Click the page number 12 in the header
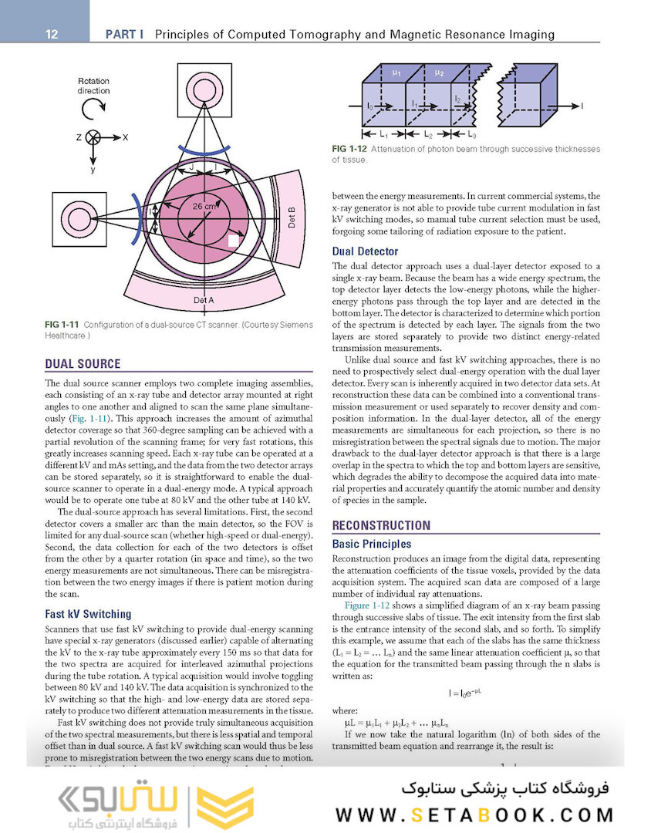tap(52, 34)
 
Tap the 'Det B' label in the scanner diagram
tap(292, 218)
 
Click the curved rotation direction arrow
tap(93, 109)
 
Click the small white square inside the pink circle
tap(233, 241)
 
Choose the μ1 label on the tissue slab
tap(396, 73)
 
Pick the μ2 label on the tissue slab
tap(439, 73)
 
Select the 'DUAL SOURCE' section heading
tap(83, 364)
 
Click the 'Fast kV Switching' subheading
tap(88, 614)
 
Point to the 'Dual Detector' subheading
tap(365, 251)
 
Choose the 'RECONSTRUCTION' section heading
tap(381, 526)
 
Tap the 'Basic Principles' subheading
tap(371, 544)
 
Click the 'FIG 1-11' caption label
tap(62, 325)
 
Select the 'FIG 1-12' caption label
tap(349, 149)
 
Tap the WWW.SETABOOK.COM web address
tap(474, 814)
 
